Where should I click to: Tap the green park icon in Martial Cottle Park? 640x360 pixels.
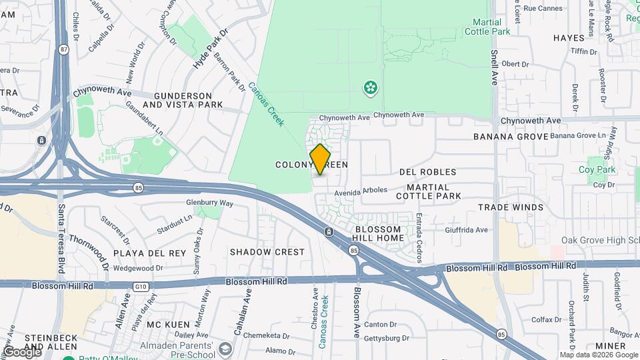[369, 87]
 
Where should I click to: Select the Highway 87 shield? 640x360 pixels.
[63, 49]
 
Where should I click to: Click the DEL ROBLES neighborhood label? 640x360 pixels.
[427, 172]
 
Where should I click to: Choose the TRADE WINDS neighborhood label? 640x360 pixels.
[510, 207]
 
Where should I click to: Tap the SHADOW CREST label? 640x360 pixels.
[267, 252]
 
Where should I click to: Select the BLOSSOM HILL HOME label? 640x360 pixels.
[379, 233]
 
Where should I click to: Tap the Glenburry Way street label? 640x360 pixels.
[209, 203]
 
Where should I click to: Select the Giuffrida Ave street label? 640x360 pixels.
[466, 230]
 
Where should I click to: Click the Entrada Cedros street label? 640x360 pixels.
[419, 237]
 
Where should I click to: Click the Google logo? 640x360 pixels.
[22, 352]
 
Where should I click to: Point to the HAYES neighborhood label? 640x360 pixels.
[569, 38]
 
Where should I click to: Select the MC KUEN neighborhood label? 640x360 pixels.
[164, 324]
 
